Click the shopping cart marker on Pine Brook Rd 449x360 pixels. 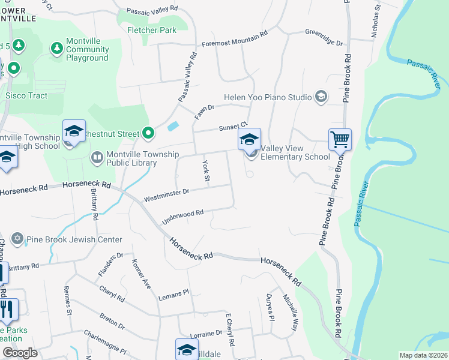(340, 139)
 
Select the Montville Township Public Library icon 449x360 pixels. (97, 157)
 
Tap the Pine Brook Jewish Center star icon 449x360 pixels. (17, 239)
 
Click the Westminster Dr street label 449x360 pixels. (166, 195)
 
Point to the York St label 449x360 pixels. (206, 172)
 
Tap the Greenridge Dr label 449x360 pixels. (323, 38)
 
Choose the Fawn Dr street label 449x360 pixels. (204, 110)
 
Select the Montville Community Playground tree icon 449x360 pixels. (57, 47)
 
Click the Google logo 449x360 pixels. (20, 353)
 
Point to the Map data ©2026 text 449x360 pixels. (423, 355)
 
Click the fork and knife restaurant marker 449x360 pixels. (8, 309)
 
